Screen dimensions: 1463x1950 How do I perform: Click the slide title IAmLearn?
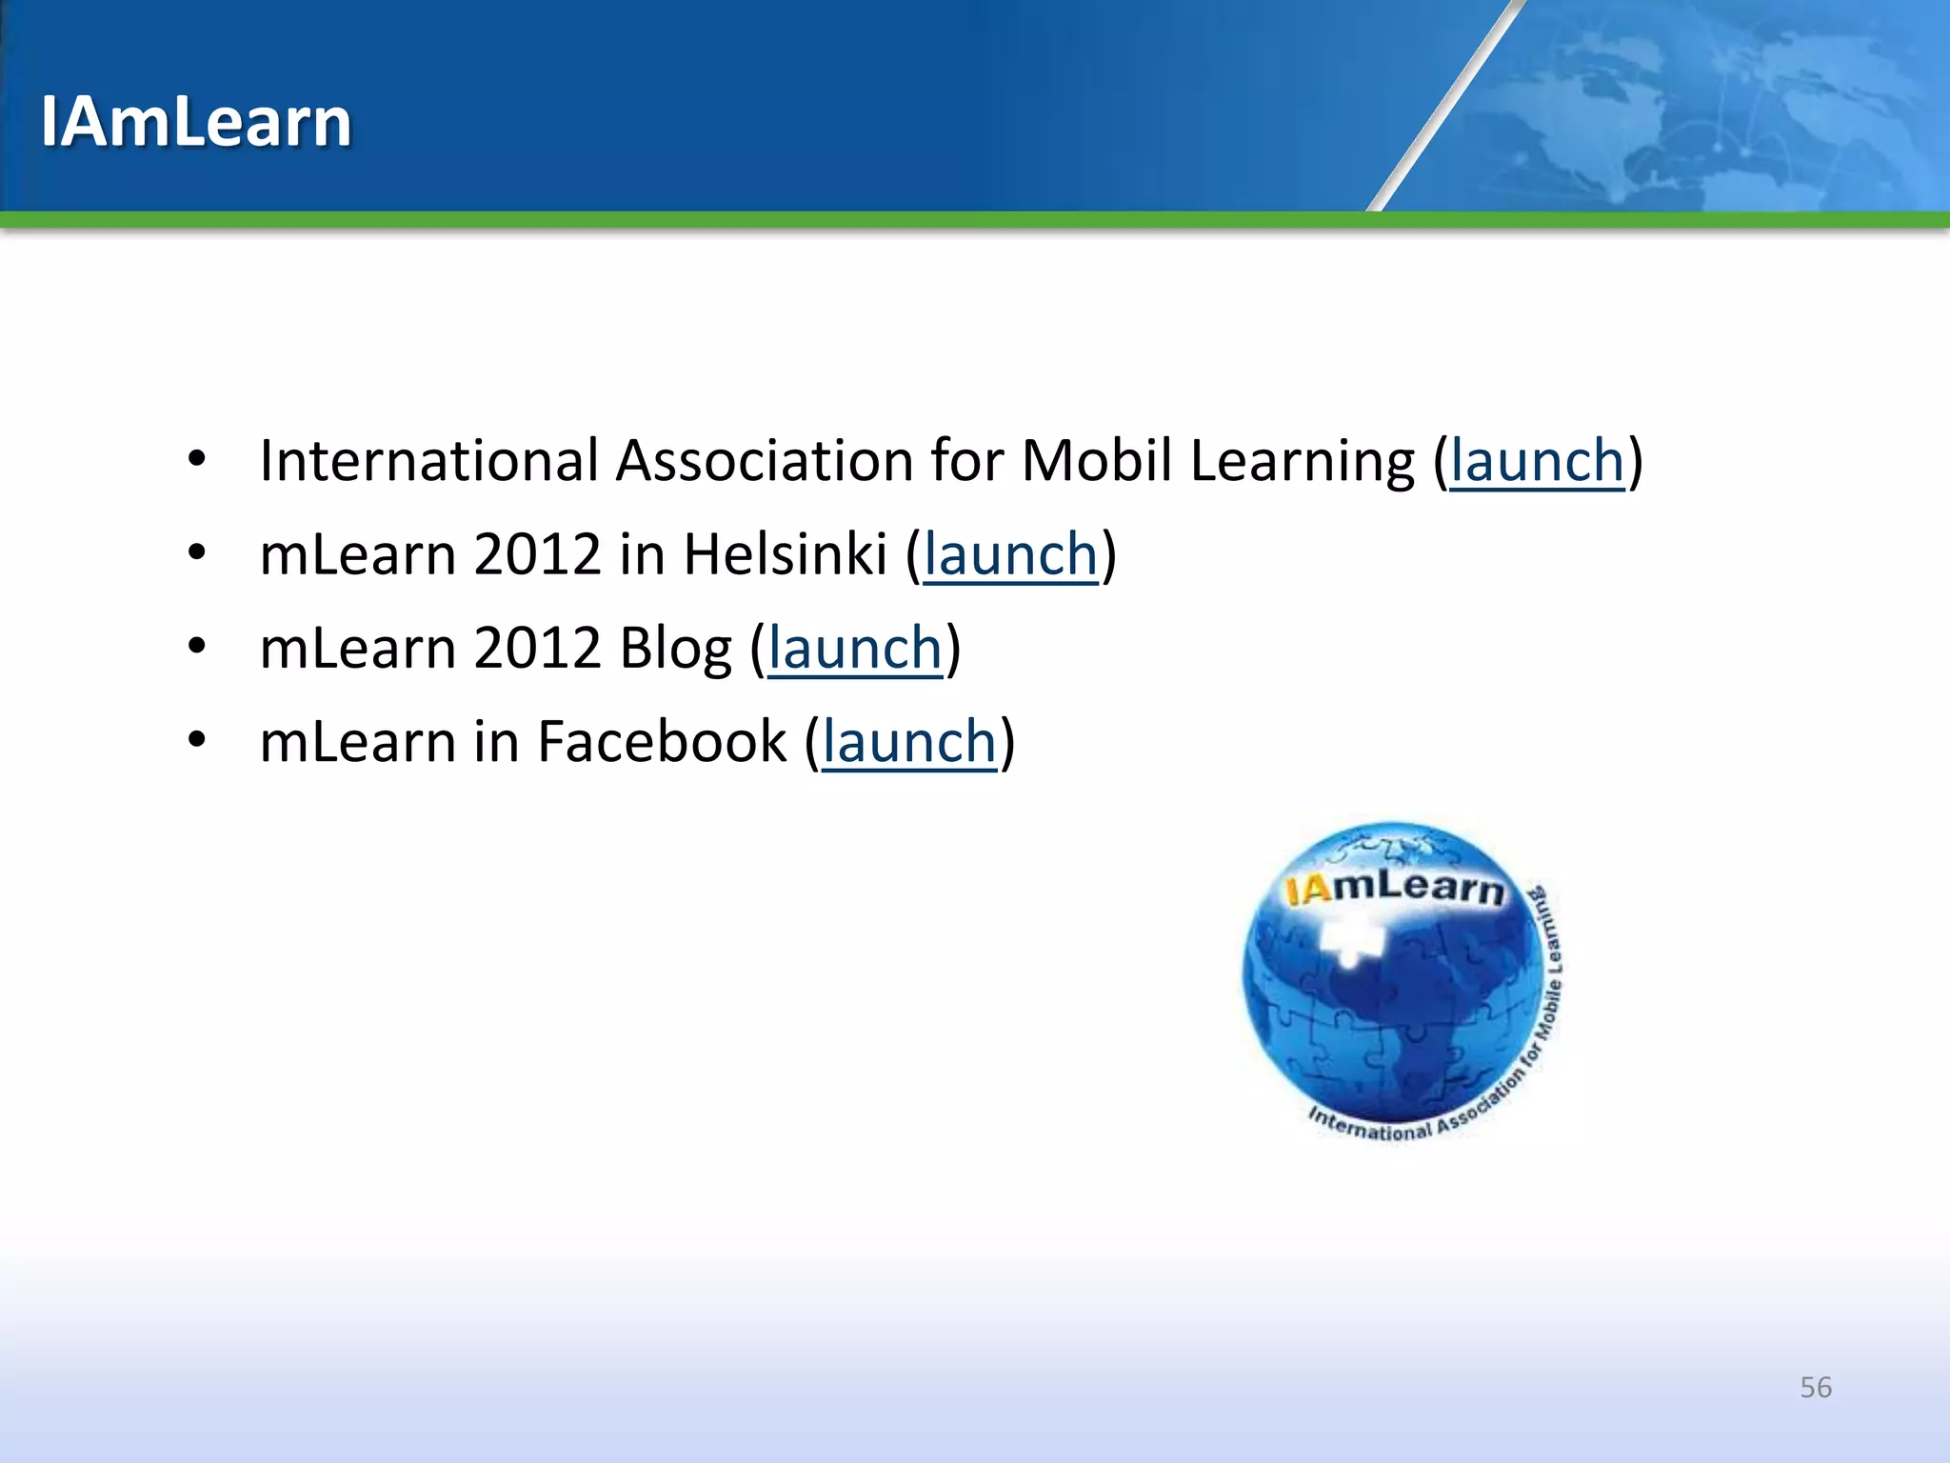[x=196, y=122]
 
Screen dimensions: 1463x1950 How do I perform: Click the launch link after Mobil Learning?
[x=1537, y=462]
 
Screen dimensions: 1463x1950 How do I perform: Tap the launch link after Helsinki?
[x=1010, y=555]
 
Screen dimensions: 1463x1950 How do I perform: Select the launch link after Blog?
[x=854, y=649]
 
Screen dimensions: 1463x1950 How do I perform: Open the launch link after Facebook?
[x=908, y=742]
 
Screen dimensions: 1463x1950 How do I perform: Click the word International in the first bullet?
[x=428, y=462]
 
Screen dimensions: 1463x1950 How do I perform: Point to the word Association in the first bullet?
[x=764, y=462]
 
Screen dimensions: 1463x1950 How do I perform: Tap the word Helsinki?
[x=785, y=555]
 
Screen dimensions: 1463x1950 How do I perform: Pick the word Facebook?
[x=662, y=742]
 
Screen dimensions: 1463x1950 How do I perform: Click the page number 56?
[x=1815, y=1387]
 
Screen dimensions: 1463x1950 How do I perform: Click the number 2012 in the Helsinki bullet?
[x=537, y=555]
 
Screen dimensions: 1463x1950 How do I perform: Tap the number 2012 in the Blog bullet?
[x=537, y=649]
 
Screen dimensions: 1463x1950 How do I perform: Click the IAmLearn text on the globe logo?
[x=1394, y=888]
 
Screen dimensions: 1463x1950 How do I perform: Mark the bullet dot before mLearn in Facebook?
[x=197, y=740]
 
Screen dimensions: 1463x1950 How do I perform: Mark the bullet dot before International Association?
[x=197, y=460]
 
